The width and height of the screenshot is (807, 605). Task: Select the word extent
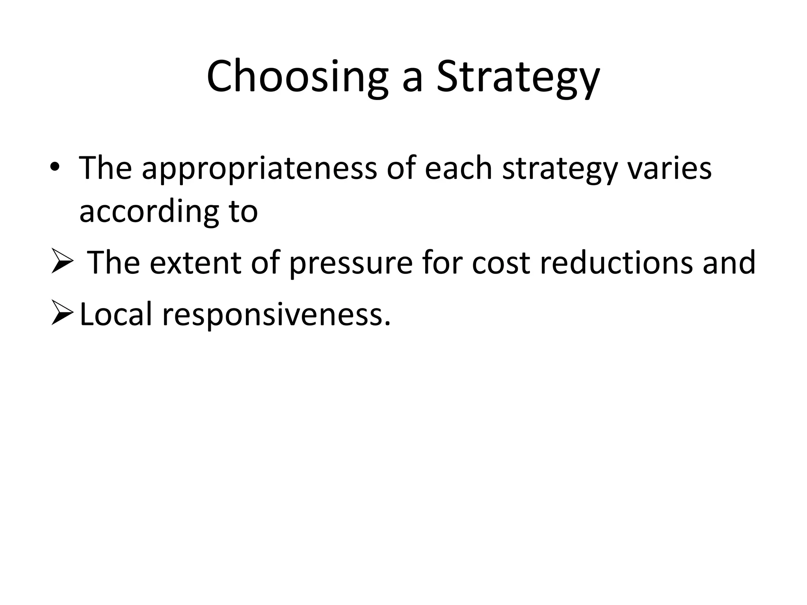pyautogui.click(x=195, y=263)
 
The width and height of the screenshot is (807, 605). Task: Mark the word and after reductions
pyautogui.click(x=729, y=263)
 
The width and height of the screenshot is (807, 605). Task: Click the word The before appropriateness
pyautogui.click(x=106, y=169)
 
